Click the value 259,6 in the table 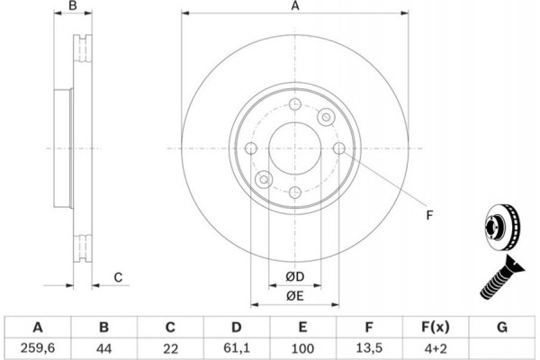tap(38, 348)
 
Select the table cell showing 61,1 tap(236, 348)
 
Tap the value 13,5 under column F tap(369, 348)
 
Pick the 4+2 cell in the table tap(436, 348)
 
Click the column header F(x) tap(436, 327)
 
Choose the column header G tap(502, 327)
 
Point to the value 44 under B tap(104, 348)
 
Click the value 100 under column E tap(302, 348)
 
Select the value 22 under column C tap(170, 348)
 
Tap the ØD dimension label tap(295, 276)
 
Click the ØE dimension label tap(295, 295)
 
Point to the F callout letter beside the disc tap(429, 215)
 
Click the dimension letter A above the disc tap(295, 6)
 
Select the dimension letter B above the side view tap(73, 6)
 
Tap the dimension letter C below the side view tap(118, 277)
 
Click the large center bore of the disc tap(295, 148)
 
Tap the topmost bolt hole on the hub tap(295, 104)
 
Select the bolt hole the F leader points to tap(339, 148)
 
